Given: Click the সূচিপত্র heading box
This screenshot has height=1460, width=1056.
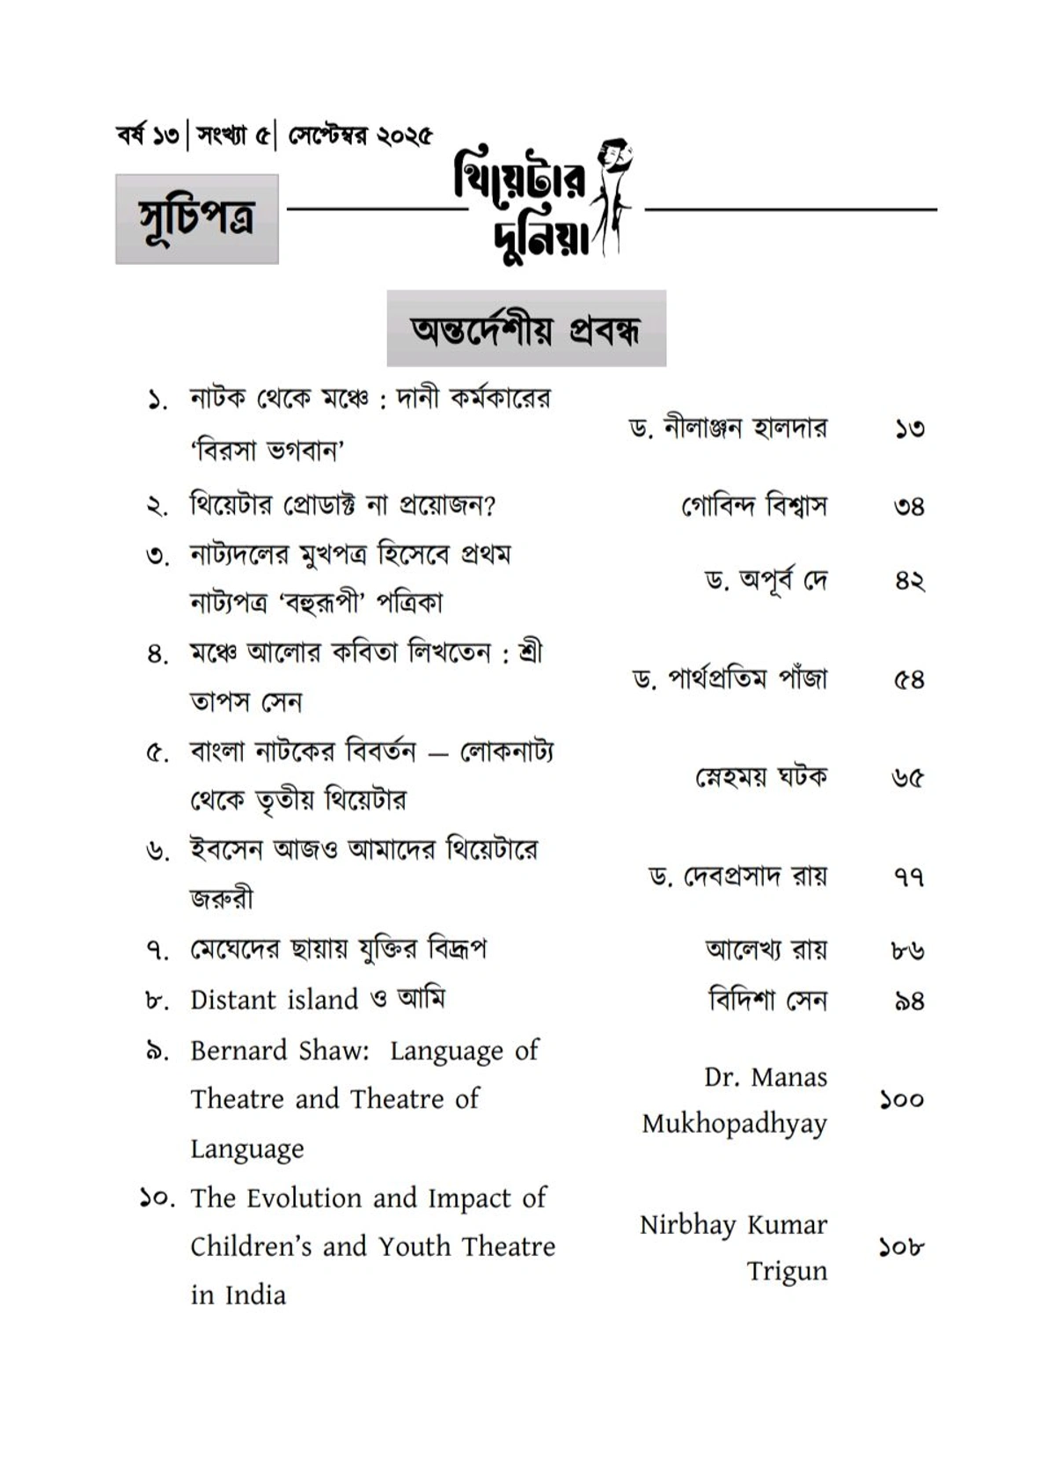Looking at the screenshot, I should [196, 218].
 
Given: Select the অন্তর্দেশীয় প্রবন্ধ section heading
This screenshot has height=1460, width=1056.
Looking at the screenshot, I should [526, 328].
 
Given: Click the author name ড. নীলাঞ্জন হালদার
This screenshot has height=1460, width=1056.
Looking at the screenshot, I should [727, 429].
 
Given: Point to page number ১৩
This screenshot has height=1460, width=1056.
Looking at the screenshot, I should [909, 429].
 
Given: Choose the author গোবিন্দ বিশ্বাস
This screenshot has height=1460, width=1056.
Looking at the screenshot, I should [754, 506].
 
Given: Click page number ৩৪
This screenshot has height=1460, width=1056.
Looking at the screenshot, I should [909, 507].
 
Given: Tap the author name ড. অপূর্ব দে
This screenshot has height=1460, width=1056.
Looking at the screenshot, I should [766, 581].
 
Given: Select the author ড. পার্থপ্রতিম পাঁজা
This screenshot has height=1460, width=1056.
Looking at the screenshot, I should [730, 679].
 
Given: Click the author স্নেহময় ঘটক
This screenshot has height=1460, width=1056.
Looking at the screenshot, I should [761, 777].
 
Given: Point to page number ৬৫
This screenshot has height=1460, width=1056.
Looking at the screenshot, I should [908, 778].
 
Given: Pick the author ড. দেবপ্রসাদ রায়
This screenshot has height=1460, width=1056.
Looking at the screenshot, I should [737, 877].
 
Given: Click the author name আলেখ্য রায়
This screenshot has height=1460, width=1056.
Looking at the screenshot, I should [766, 950].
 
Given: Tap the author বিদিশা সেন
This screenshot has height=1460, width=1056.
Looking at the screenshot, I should [767, 1000].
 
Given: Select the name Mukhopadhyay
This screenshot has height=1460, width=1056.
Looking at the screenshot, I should [734, 1125].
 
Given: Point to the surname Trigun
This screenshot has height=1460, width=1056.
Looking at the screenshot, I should [787, 1272].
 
